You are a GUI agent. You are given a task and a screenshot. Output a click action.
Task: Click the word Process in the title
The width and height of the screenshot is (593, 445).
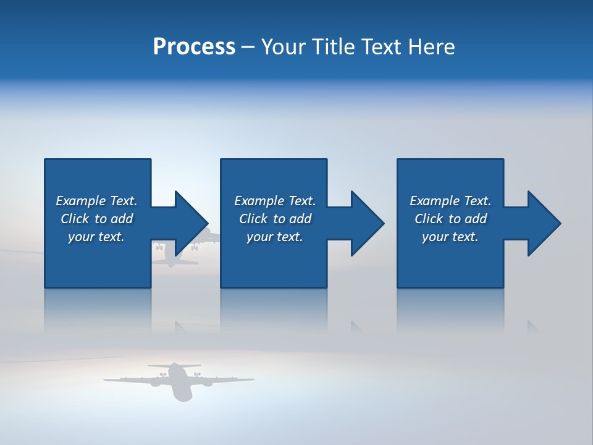tap(194, 47)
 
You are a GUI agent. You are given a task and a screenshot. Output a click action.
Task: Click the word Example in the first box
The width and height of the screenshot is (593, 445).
tap(80, 201)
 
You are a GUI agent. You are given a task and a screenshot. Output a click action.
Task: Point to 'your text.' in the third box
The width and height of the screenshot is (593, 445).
tap(450, 237)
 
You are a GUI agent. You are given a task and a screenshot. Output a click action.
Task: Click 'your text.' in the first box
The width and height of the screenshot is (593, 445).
tap(96, 237)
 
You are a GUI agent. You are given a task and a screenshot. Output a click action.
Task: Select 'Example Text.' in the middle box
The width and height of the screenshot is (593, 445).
tap(274, 201)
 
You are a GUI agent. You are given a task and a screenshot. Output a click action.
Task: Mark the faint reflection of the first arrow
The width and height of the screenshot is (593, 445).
tap(182, 326)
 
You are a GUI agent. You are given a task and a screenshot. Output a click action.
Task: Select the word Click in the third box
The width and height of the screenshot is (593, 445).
tap(429, 219)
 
